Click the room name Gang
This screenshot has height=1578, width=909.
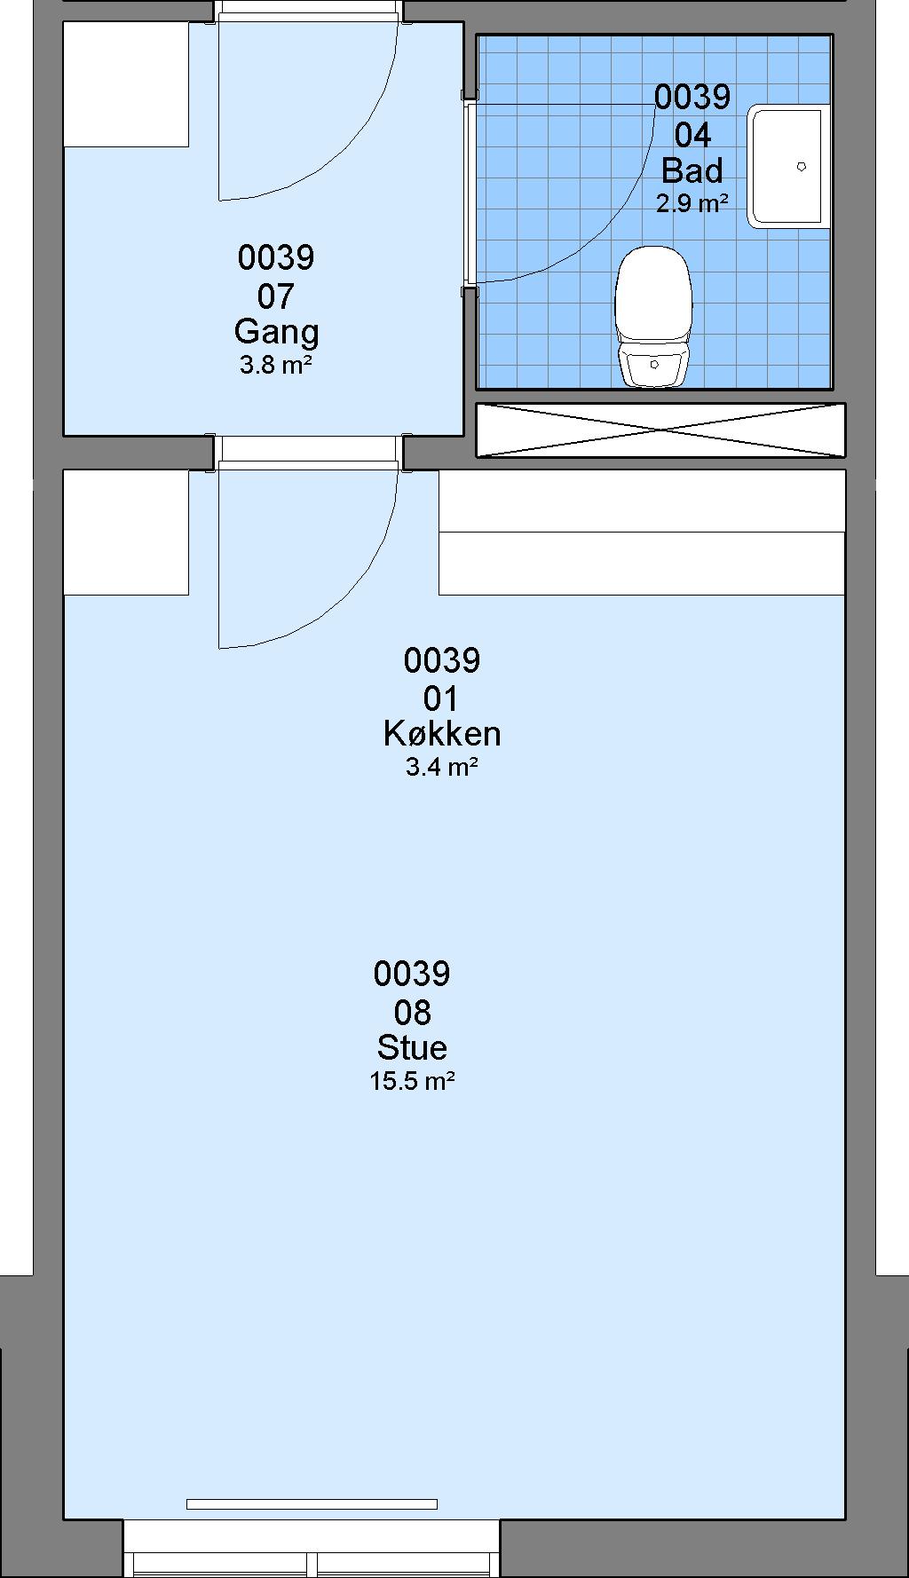[x=276, y=333]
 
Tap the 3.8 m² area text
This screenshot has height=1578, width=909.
[x=275, y=364]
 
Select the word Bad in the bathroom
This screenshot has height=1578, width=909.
[x=692, y=170]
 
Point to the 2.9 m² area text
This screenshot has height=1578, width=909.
[x=692, y=203]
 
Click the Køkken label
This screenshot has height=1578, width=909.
[x=442, y=733]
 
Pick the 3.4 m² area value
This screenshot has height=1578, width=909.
[x=442, y=767]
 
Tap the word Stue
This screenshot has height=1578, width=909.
[x=412, y=1047]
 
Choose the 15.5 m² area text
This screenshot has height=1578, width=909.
[x=413, y=1081]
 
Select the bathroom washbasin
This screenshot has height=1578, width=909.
[x=788, y=166]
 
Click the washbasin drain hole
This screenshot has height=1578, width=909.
[x=801, y=166]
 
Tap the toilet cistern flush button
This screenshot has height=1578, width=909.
[x=654, y=364]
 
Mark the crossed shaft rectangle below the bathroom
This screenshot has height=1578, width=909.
[x=660, y=430]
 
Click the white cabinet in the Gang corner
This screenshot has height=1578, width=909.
[x=126, y=84]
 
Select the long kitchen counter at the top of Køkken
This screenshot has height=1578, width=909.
[x=642, y=533]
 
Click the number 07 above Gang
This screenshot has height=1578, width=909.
[x=275, y=296]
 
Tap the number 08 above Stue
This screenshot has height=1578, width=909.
[x=412, y=1012]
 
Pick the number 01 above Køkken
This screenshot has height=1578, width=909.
[x=441, y=698]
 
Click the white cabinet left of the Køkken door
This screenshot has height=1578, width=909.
[x=126, y=533]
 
